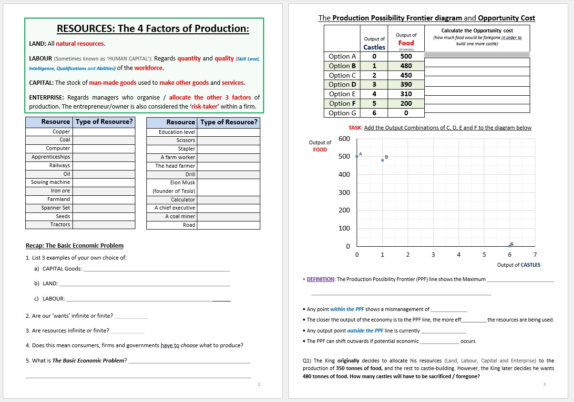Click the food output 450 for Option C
pos(406,75)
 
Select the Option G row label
pos(342,113)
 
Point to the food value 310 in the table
pos(406,94)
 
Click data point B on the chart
pos(382,160)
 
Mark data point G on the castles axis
pos(510,246)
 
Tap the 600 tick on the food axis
pos(344,139)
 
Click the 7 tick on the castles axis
pos(535,255)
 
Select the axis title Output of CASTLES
pos(519,265)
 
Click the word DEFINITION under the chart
pos(320,279)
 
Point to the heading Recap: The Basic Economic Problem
pos(74,246)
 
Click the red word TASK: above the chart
pos(355,128)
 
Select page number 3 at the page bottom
pos(544,384)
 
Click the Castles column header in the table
pos(374,47)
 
